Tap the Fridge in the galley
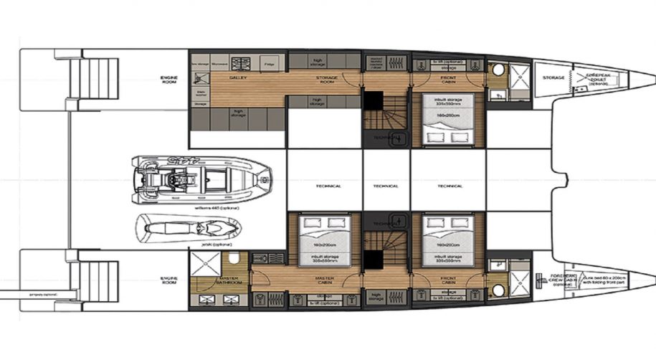coord(269,65)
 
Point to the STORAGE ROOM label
coord(327,79)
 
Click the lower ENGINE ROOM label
coord(169,279)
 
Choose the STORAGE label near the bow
coord(553,77)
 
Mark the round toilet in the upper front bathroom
coord(498,70)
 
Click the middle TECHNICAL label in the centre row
coord(386,186)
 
